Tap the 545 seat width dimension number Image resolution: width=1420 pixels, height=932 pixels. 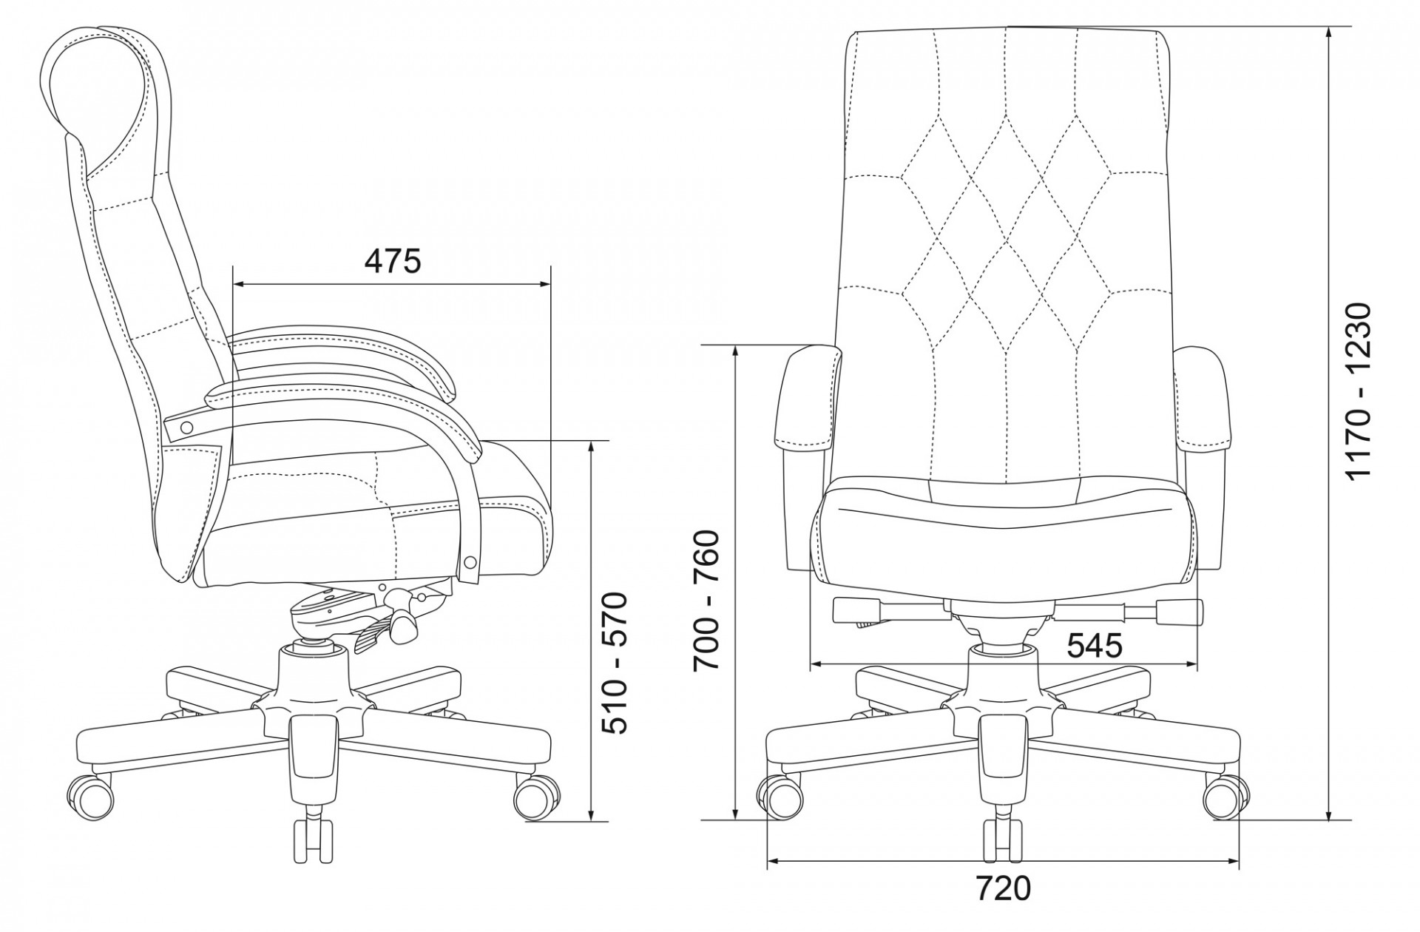point(1095,646)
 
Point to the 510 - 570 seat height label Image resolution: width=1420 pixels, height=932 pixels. point(614,663)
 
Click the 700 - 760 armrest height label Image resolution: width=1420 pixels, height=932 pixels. point(707,601)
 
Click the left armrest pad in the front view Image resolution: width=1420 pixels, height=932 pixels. point(808,400)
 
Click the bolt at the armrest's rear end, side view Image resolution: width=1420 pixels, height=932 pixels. point(186,427)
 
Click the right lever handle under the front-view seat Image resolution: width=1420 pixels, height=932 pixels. point(1180,611)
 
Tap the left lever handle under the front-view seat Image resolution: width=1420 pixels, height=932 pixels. point(856,611)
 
